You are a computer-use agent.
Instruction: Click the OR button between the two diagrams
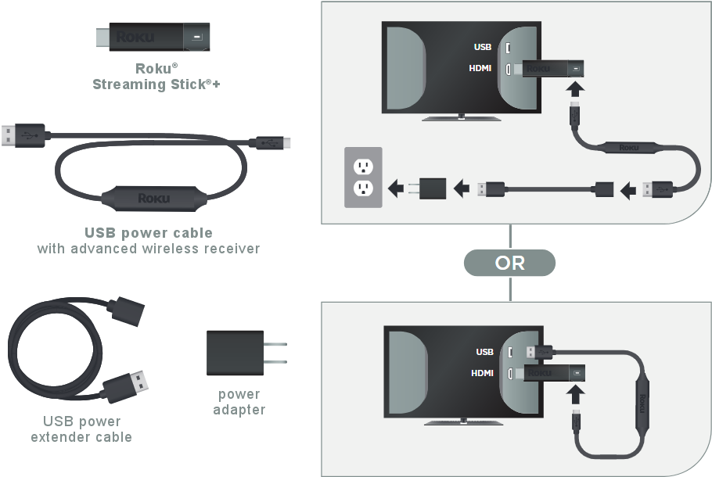tap(509, 264)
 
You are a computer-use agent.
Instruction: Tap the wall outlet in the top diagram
tap(362, 177)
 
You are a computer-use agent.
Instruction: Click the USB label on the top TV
tap(482, 47)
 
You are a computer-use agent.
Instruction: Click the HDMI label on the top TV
tap(480, 68)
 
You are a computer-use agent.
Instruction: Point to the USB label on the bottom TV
tap(484, 352)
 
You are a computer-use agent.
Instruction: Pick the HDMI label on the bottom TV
tap(482, 373)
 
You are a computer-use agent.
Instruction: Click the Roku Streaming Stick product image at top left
tap(150, 37)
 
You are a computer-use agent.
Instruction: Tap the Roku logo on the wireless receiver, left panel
tap(153, 198)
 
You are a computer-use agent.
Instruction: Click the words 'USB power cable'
tap(148, 233)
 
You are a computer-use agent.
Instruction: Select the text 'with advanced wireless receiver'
tap(148, 249)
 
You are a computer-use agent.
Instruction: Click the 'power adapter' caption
tap(239, 402)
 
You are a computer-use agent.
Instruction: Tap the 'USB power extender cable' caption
tap(81, 429)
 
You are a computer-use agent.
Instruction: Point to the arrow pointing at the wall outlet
tap(398, 188)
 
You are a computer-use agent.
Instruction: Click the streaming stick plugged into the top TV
tap(552, 68)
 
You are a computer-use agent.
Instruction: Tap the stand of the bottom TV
tap(463, 421)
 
